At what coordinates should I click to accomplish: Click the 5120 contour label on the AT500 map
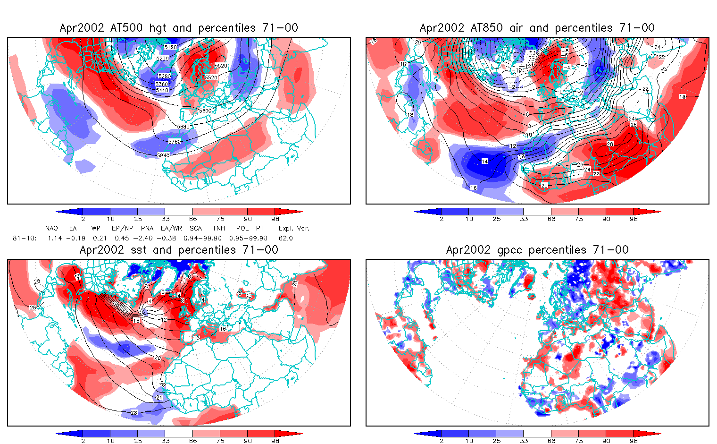tap(170, 47)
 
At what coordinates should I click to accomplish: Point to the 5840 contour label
tap(163, 155)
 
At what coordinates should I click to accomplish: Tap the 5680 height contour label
tap(183, 127)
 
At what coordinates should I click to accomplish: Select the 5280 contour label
tap(164, 77)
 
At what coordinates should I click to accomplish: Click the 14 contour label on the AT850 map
tap(484, 162)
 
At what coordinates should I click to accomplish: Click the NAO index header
tap(51, 228)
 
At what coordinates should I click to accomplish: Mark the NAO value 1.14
tap(55, 238)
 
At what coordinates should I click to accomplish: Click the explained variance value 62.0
tap(285, 238)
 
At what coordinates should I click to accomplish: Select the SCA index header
tap(195, 228)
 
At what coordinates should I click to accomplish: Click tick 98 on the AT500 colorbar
tap(275, 219)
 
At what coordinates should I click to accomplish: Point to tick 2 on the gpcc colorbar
tap(442, 441)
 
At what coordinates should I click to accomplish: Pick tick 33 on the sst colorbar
tap(165, 441)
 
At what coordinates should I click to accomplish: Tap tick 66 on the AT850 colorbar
tap(551, 219)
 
